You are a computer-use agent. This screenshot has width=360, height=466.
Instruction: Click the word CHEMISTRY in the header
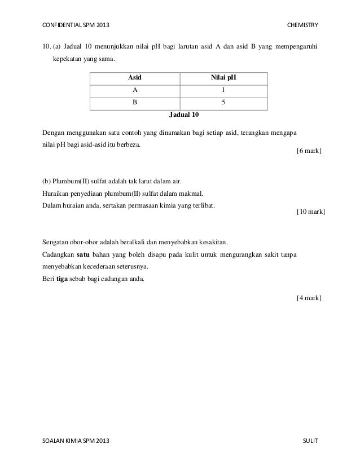[302, 25]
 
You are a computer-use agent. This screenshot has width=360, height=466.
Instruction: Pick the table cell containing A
[134, 90]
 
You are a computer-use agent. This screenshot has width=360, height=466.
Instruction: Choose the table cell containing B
[134, 103]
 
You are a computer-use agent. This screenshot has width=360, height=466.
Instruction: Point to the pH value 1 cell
[223, 90]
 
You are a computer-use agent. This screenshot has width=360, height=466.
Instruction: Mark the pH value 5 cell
[223, 103]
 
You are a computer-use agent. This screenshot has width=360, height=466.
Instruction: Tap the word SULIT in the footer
[310, 439]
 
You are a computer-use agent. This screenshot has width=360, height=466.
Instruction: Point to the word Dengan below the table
[54, 133]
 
